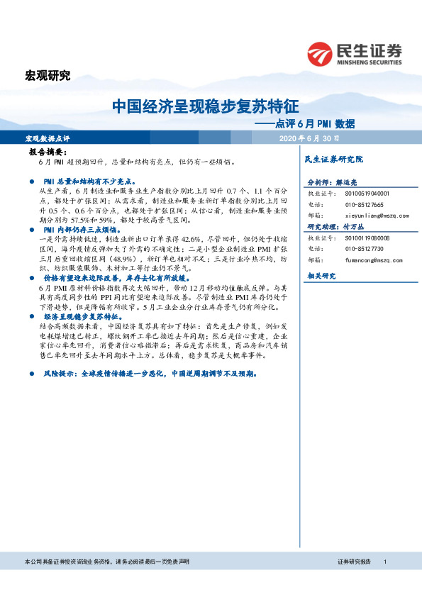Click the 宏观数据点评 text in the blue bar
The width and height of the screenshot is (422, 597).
pos(48,138)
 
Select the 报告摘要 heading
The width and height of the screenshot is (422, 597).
pos(47,152)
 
